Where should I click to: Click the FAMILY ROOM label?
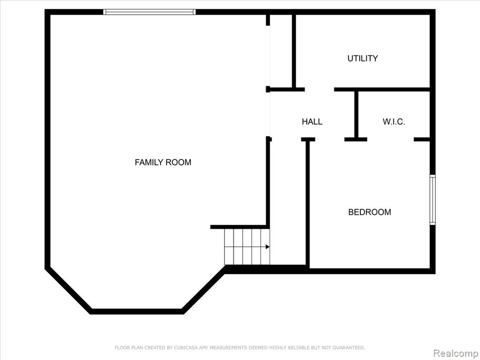pos(163,162)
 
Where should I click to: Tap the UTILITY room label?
pos(362,58)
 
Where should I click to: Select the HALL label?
pos(312,121)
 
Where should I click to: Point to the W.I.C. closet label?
pos(394,121)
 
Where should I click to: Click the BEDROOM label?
pos(369,212)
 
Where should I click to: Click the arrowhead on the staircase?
pos(268,247)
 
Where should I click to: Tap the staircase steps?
pos(247,247)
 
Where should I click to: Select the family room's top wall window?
pos(149,12)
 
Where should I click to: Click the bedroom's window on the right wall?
pos(432,200)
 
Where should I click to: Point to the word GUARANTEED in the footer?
pos(349,347)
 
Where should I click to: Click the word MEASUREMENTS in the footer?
pos(228,347)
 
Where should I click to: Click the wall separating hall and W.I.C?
pos(356,115)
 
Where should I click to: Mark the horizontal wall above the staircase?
pos(239,227)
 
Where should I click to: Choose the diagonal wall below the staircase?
pos(203,290)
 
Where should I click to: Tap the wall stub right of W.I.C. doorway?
pos(422,140)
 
